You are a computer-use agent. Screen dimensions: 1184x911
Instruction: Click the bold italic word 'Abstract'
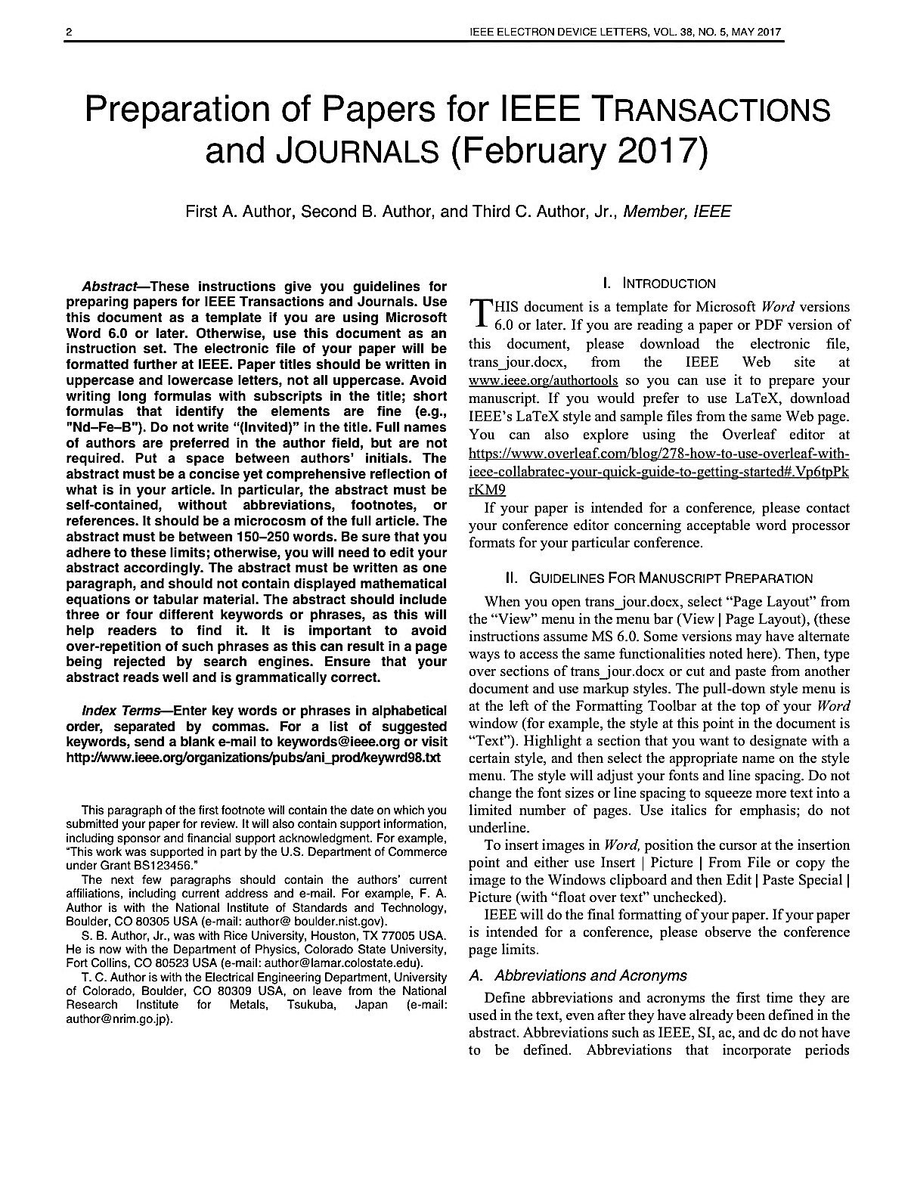pos(108,287)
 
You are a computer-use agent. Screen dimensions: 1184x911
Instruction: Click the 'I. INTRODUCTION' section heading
pos(659,284)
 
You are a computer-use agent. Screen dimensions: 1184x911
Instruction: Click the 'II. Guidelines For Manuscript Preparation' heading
pos(659,578)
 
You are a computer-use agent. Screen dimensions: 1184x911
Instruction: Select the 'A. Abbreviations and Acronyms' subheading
pos(578,976)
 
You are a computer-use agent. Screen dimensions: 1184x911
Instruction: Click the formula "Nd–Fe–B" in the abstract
pos(105,428)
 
